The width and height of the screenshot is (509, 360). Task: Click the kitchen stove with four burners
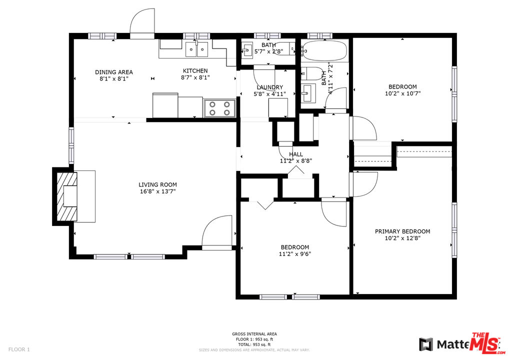tap(220, 108)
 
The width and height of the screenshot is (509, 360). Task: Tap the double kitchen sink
tap(197, 50)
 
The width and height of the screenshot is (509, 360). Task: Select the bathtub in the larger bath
tap(323, 50)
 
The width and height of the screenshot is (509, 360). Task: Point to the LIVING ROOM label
tap(157, 184)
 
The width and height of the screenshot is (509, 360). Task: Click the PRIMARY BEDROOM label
tap(402, 231)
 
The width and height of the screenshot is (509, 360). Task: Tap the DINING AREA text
tap(114, 72)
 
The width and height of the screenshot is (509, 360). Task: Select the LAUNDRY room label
tap(269, 87)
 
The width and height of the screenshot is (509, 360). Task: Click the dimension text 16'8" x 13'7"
tap(157, 191)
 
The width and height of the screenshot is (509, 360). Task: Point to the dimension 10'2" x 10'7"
tap(402, 93)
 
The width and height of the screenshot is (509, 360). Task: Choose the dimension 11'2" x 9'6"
tap(294, 254)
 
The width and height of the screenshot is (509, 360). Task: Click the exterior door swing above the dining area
tap(142, 22)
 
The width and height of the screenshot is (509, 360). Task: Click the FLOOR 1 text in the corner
tap(19, 349)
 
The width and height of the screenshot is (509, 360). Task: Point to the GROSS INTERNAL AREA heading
tap(254, 334)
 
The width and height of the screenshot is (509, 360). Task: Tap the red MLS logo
tap(485, 342)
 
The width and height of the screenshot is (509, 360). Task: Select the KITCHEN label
tap(194, 71)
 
